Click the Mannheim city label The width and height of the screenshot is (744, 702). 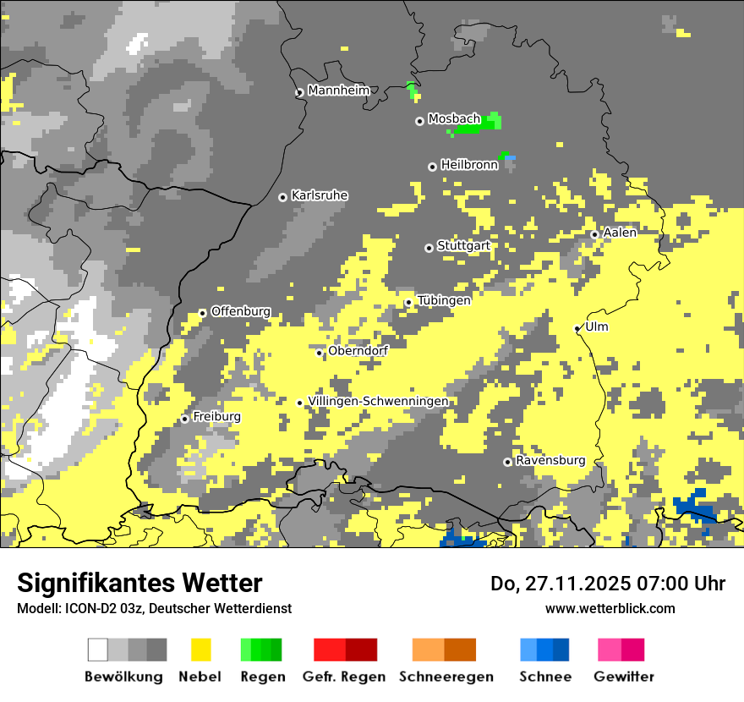[x=338, y=90]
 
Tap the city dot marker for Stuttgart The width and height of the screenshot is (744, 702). [x=429, y=248]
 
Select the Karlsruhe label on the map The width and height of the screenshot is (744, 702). [x=319, y=195]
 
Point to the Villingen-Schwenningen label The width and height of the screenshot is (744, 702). [x=378, y=401]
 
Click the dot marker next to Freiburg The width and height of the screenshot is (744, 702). [x=184, y=419]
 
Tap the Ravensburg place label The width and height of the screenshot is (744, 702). [x=550, y=460]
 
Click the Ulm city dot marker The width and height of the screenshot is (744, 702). [x=577, y=329]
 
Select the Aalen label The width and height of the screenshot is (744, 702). [x=620, y=233]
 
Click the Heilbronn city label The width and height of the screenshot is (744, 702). [x=469, y=165]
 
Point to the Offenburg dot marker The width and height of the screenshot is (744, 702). [x=202, y=313]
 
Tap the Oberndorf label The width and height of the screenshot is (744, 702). [x=358, y=350]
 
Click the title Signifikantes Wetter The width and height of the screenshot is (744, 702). [x=139, y=583]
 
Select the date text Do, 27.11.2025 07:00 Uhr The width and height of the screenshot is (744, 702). [x=607, y=584]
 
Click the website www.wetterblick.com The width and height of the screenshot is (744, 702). [x=610, y=608]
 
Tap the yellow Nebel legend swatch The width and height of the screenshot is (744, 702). [x=200, y=650]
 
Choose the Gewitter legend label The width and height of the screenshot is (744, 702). [x=623, y=677]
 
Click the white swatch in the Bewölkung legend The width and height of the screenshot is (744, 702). [x=98, y=650]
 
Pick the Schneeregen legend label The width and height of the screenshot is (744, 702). [x=446, y=677]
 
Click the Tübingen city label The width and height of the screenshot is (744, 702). [x=443, y=300]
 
